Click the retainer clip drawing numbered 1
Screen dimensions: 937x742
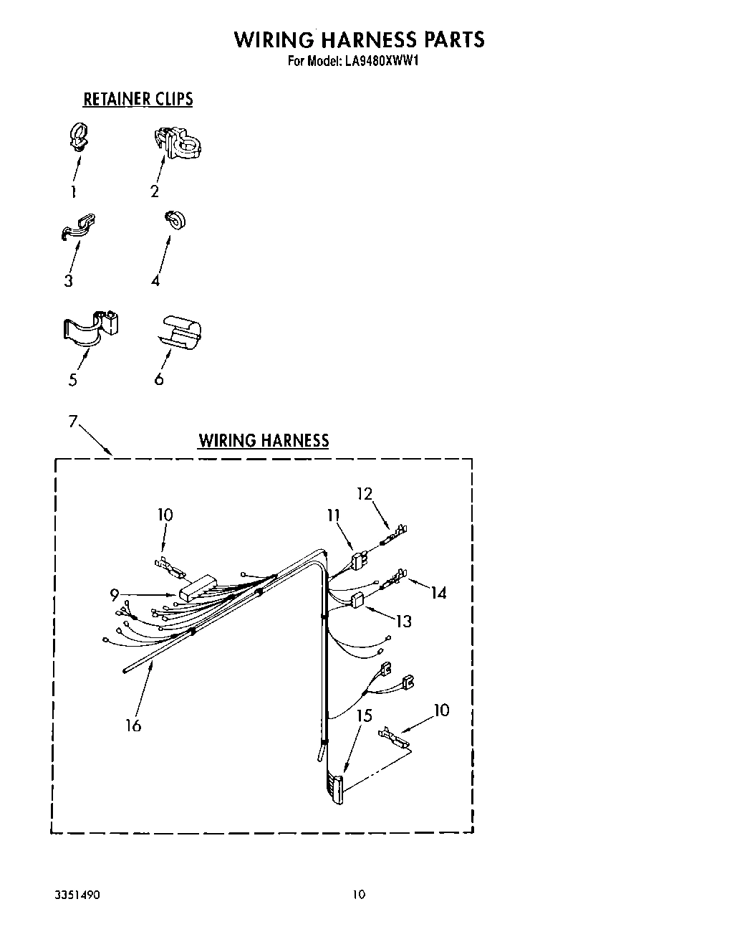click(x=79, y=137)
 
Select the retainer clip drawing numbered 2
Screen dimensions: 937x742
click(x=178, y=142)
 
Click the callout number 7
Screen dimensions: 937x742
click(x=72, y=422)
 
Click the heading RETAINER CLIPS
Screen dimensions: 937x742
click(x=138, y=99)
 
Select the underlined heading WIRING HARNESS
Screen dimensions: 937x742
click(x=264, y=440)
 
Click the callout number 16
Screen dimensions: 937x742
click(x=133, y=726)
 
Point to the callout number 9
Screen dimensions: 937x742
click(x=115, y=594)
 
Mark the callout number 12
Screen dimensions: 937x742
click(x=365, y=493)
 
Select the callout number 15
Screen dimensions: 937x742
click(x=365, y=715)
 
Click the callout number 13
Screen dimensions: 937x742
click(x=404, y=621)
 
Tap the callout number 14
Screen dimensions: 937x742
click(x=438, y=592)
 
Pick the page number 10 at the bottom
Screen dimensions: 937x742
click(x=359, y=894)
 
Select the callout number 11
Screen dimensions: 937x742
click(x=333, y=515)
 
